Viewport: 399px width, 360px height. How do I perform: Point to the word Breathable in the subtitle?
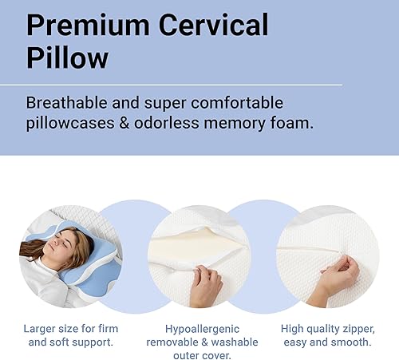(x=68, y=104)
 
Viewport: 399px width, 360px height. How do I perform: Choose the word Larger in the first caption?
(x=42, y=328)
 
